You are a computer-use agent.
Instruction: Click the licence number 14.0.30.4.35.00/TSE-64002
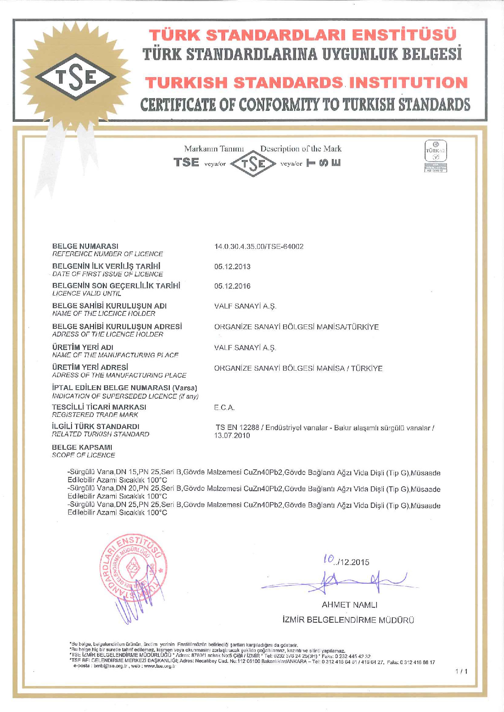[x=259, y=246]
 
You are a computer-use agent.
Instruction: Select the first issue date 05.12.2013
[x=232, y=267]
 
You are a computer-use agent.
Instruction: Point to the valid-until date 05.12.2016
[x=232, y=286]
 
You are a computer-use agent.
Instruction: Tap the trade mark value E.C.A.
[x=224, y=408]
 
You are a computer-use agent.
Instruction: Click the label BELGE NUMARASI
[x=85, y=246]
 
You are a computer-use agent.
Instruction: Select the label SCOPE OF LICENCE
[x=83, y=455]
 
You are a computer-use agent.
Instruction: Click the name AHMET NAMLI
[x=349, y=605]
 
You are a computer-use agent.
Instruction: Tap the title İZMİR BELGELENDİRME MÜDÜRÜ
[x=348, y=620]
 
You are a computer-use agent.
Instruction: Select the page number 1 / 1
[x=461, y=671]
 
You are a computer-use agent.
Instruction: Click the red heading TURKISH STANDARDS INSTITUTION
[x=306, y=82]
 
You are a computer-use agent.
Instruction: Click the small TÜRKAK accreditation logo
[x=435, y=156]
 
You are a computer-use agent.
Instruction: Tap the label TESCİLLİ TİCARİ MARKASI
[x=99, y=407]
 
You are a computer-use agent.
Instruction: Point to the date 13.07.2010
[x=232, y=436]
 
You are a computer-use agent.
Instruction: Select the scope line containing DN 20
[x=254, y=489]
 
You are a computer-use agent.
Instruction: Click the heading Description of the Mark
[x=301, y=149]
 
